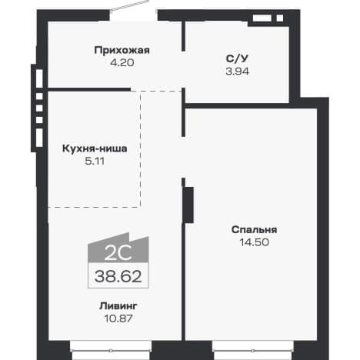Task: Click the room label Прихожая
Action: coord(122,50)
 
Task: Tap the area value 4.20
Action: coord(122,62)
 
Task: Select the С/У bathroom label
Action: coord(237,58)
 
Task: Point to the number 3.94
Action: coord(238,72)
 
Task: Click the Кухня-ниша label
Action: coord(95,148)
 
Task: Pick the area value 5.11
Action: coord(95,161)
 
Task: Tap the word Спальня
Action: coord(254,229)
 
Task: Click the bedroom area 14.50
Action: coord(254,242)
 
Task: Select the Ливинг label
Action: coord(118,306)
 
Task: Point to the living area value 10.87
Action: coord(118,318)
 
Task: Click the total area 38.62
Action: coord(118,276)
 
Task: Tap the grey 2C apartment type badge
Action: coord(118,248)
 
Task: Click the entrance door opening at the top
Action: coord(133,15)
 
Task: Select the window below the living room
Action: coord(111,350)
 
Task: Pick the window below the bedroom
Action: coord(253,350)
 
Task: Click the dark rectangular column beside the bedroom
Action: coord(188,205)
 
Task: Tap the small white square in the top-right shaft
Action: coord(280,18)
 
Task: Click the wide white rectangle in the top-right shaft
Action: coord(262,18)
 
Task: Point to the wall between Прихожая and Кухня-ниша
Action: coord(89,89)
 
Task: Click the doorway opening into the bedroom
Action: coord(183,157)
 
